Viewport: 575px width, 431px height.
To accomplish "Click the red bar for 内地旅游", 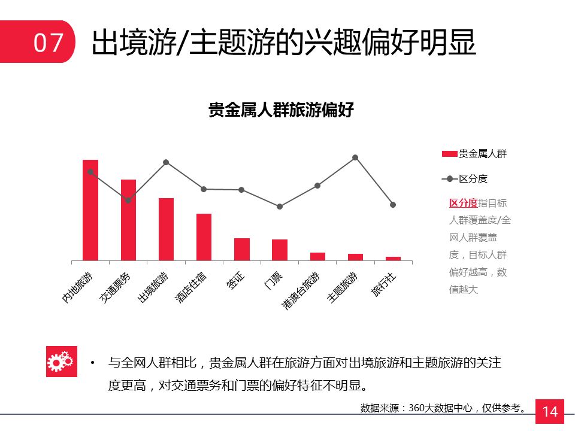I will [x=90, y=210].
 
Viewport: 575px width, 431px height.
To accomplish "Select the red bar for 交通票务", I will [x=128, y=220].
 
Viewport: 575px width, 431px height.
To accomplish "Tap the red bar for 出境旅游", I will [x=166, y=229].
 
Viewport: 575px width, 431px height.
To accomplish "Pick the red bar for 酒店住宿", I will [x=204, y=237].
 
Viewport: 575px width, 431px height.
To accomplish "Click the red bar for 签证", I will [x=242, y=249].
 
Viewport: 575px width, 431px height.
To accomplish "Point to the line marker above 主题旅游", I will [x=355, y=157].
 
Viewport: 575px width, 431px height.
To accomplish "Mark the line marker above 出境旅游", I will [x=166, y=162].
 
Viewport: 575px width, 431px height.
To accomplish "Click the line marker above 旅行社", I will [x=393, y=205].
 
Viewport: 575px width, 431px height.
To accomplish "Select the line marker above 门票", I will [x=280, y=207].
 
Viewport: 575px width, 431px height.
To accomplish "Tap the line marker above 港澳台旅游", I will [x=317, y=186].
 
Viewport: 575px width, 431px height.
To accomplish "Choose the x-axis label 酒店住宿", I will [x=192, y=287].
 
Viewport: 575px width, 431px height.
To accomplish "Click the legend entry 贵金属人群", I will [x=474, y=154].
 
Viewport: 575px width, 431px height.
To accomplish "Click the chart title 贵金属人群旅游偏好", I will [x=281, y=111].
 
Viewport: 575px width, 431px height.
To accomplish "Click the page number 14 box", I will [x=550, y=411].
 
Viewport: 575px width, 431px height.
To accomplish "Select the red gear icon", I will [x=61, y=362].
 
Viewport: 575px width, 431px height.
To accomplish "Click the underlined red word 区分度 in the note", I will [x=463, y=203].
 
